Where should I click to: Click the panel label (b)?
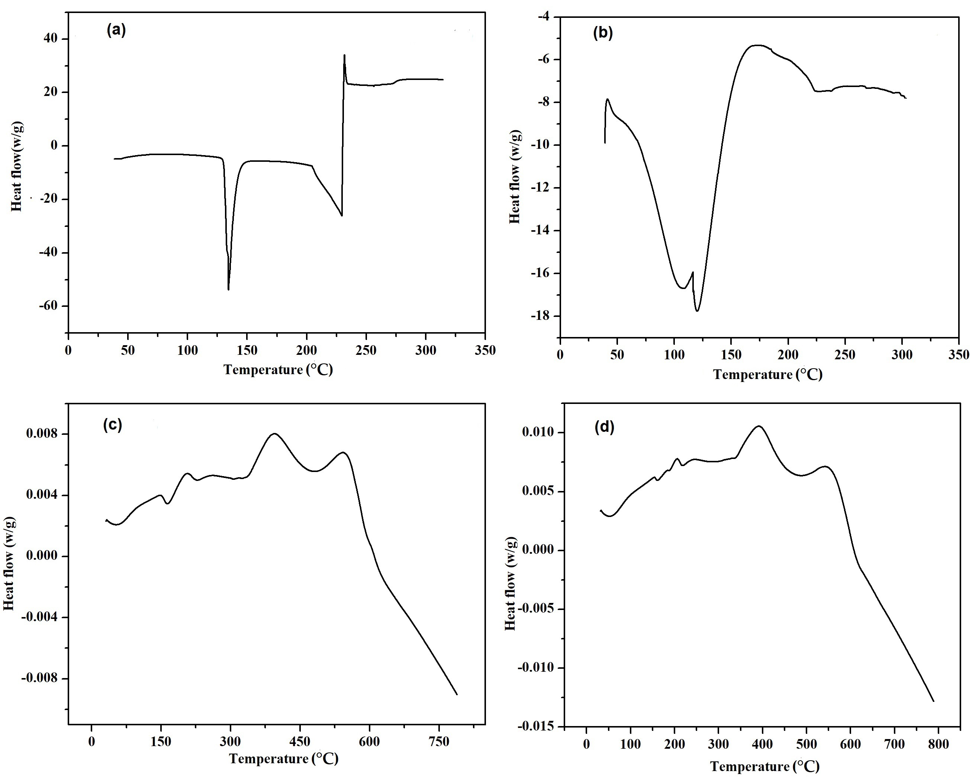pos(603,33)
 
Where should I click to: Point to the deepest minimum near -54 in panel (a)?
pos(228,289)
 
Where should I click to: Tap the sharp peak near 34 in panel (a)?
pos(344,55)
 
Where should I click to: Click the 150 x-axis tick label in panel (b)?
pos(731,355)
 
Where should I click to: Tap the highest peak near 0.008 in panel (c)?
pos(274,433)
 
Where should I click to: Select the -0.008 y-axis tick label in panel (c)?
pos(42,678)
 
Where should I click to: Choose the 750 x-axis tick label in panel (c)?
pos(439,742)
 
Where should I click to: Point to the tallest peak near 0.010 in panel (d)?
pos(758,426)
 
